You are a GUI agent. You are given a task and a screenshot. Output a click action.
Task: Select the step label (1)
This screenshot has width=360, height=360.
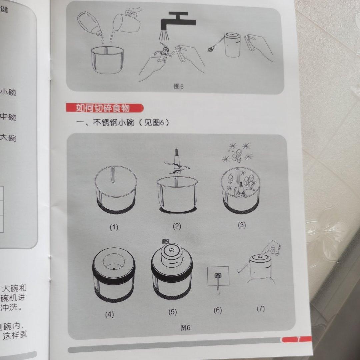(x=114, y=228)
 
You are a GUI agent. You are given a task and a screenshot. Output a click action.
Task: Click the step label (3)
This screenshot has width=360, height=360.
(x=242, y=225)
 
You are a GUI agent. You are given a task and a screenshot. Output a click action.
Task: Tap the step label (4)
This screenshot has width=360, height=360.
(x=109, y=314)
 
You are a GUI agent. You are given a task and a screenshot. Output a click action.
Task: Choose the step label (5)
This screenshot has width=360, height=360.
(x=172, y=312)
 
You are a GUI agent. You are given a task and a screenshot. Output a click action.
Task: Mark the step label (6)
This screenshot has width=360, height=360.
(x=218, y=310)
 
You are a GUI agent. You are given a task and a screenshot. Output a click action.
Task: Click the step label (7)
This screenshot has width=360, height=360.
(x=260, y=308)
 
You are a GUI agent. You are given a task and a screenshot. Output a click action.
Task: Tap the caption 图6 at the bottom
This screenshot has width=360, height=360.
(x=185, y=328)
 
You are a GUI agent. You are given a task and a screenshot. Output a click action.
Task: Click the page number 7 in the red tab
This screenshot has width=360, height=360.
(x=298, y=339)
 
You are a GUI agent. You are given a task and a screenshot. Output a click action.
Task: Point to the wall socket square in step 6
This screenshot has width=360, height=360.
(x=218, y=276)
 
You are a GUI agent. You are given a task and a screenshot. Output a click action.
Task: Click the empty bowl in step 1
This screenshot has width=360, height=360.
(x=116, y=190)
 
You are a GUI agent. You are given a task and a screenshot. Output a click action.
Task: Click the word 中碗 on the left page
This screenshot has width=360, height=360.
(x=8, y=117)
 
